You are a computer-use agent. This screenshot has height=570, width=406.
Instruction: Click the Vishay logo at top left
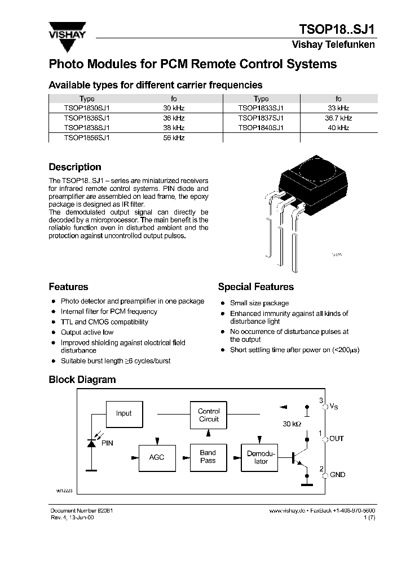[66, 29]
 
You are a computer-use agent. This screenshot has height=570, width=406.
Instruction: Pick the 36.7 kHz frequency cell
[338, 118]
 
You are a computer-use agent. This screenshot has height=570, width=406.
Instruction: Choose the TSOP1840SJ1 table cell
[261, 128]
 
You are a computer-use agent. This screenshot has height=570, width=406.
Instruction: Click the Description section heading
[75, 167]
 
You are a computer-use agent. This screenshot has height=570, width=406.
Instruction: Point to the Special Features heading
[255, 287]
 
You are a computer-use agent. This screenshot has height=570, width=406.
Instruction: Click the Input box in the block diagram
[123, 413]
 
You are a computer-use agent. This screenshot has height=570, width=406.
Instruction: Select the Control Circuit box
[209, 415]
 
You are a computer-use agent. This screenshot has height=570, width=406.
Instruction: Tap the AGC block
[157, 457]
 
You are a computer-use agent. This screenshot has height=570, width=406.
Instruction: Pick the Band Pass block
[208, 457]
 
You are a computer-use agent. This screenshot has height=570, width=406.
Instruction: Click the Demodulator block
[261, 457]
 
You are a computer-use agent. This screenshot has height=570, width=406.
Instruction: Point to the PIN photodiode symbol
[91, 443]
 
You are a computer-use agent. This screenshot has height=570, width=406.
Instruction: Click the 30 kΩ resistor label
[291, 424]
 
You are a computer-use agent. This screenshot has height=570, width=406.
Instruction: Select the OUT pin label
[337, 438]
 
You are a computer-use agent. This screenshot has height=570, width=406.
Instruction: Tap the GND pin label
[337, 475]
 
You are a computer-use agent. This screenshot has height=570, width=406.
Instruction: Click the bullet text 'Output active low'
[87, 332]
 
